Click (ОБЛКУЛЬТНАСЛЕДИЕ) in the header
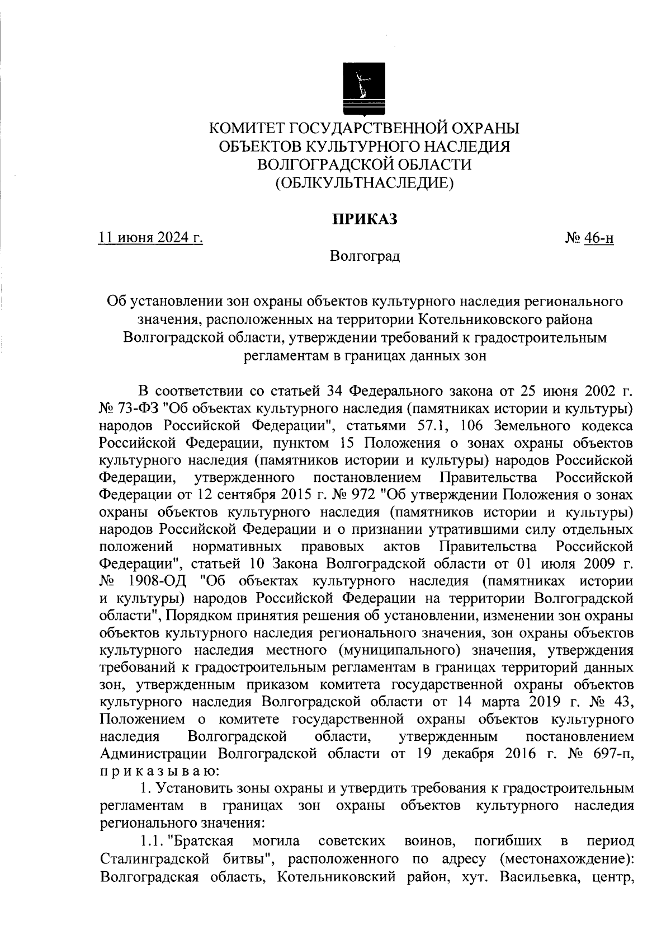(364, 182)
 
